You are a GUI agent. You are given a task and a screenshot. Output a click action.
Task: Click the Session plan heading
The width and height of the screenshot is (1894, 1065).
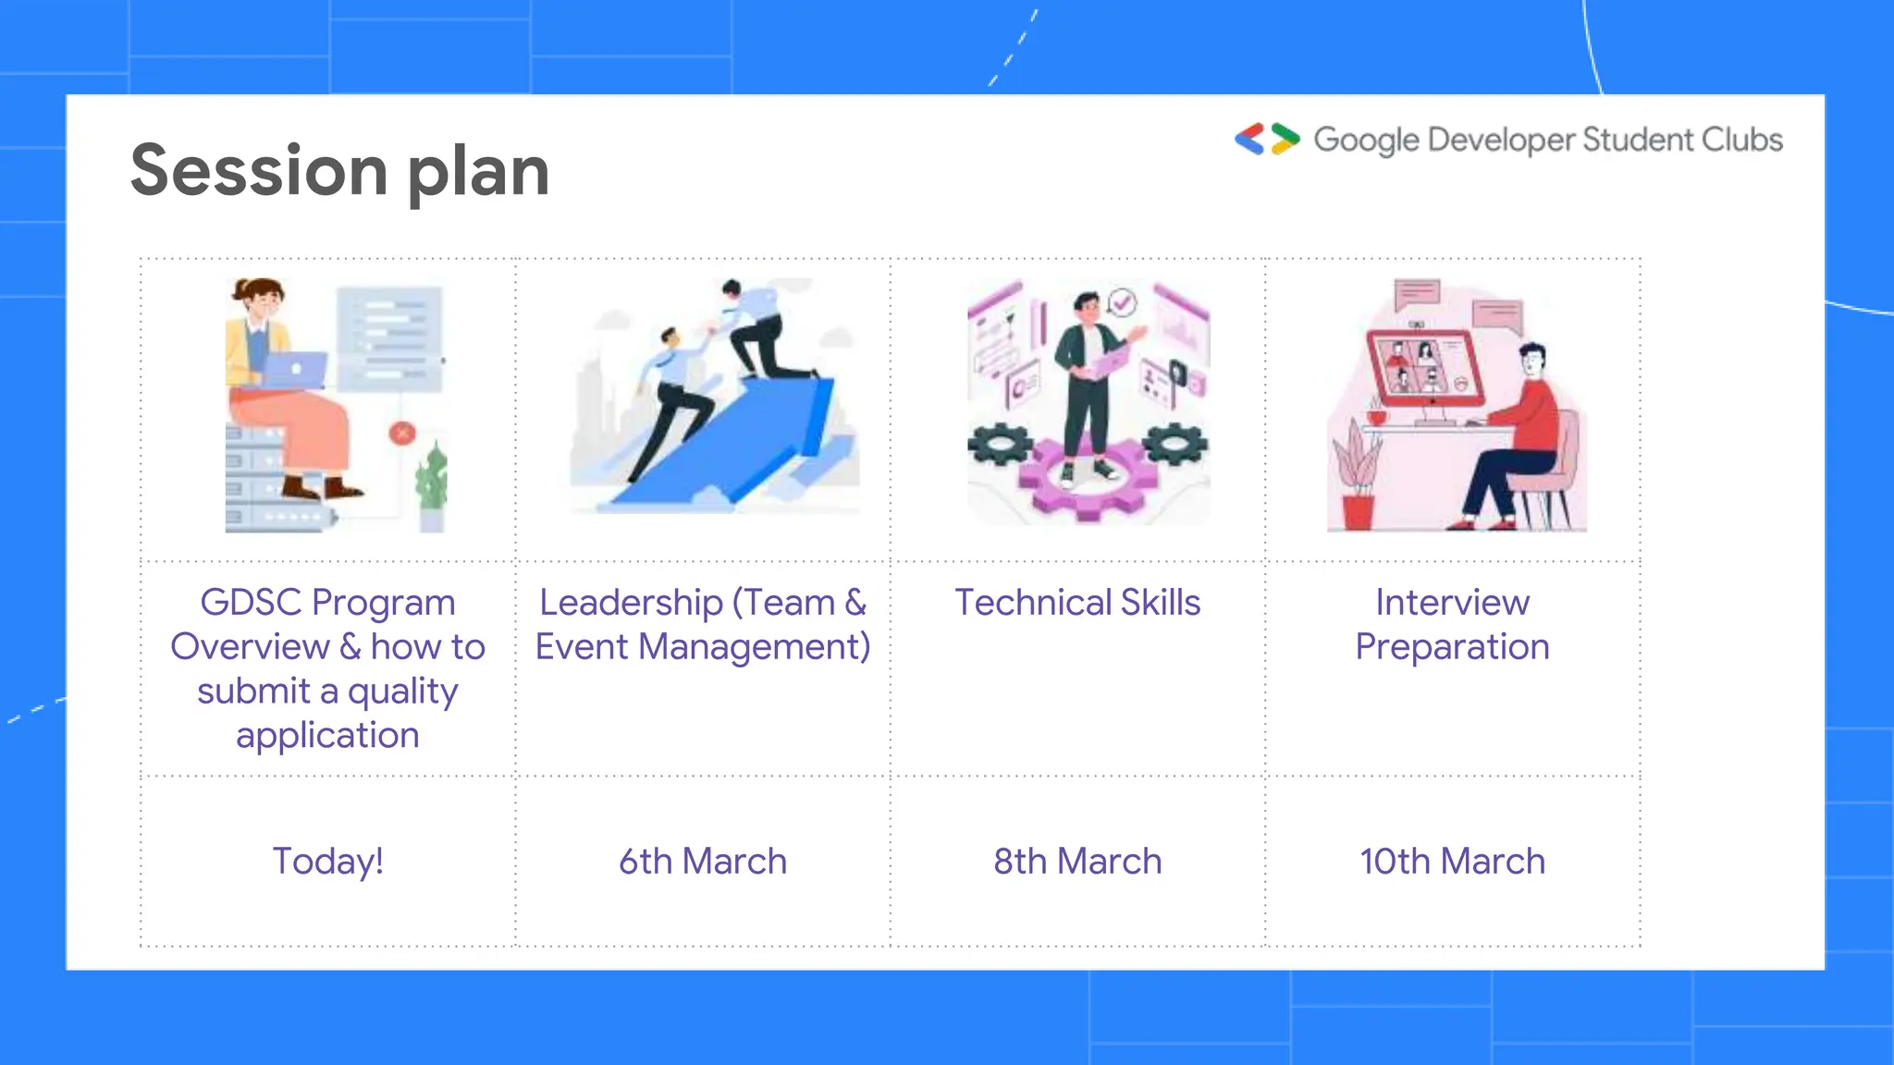click(x=339, y=171)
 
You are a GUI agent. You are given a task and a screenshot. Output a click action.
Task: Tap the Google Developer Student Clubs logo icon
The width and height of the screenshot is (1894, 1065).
click(x=1267, y=139)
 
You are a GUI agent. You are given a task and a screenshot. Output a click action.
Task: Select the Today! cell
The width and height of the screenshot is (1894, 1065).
click(x=327, y=861)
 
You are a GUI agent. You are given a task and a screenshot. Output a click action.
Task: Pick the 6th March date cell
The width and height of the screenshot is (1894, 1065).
click(x=703, y=861)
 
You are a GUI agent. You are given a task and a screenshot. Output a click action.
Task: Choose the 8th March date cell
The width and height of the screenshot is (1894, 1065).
click(x=1077, y=861)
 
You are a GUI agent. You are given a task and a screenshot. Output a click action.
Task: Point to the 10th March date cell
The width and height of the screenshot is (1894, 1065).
click(x=1452, y=861)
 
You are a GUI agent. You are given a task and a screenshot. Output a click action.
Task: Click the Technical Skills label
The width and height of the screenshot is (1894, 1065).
click(x=1077, y=603)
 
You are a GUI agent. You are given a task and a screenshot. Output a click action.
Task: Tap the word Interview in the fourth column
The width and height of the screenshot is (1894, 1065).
click(x=1452, y=603)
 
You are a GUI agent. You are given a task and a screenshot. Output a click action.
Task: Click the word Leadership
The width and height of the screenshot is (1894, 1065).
click(x=631, y=603)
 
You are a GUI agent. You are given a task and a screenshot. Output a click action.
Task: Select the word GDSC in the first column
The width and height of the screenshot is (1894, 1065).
click(x=251, y=603)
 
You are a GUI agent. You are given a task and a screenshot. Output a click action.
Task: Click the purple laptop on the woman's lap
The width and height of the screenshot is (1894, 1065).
click(x=294, y=370)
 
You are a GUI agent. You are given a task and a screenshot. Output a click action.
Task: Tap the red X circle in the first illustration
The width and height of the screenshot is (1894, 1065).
click(x=402, y=433)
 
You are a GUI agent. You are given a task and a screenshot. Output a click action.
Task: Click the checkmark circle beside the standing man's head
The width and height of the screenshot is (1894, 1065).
click(x=1122, y=301)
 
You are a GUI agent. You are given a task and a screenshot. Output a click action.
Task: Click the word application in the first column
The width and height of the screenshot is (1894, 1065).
click(x=327, y=736)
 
